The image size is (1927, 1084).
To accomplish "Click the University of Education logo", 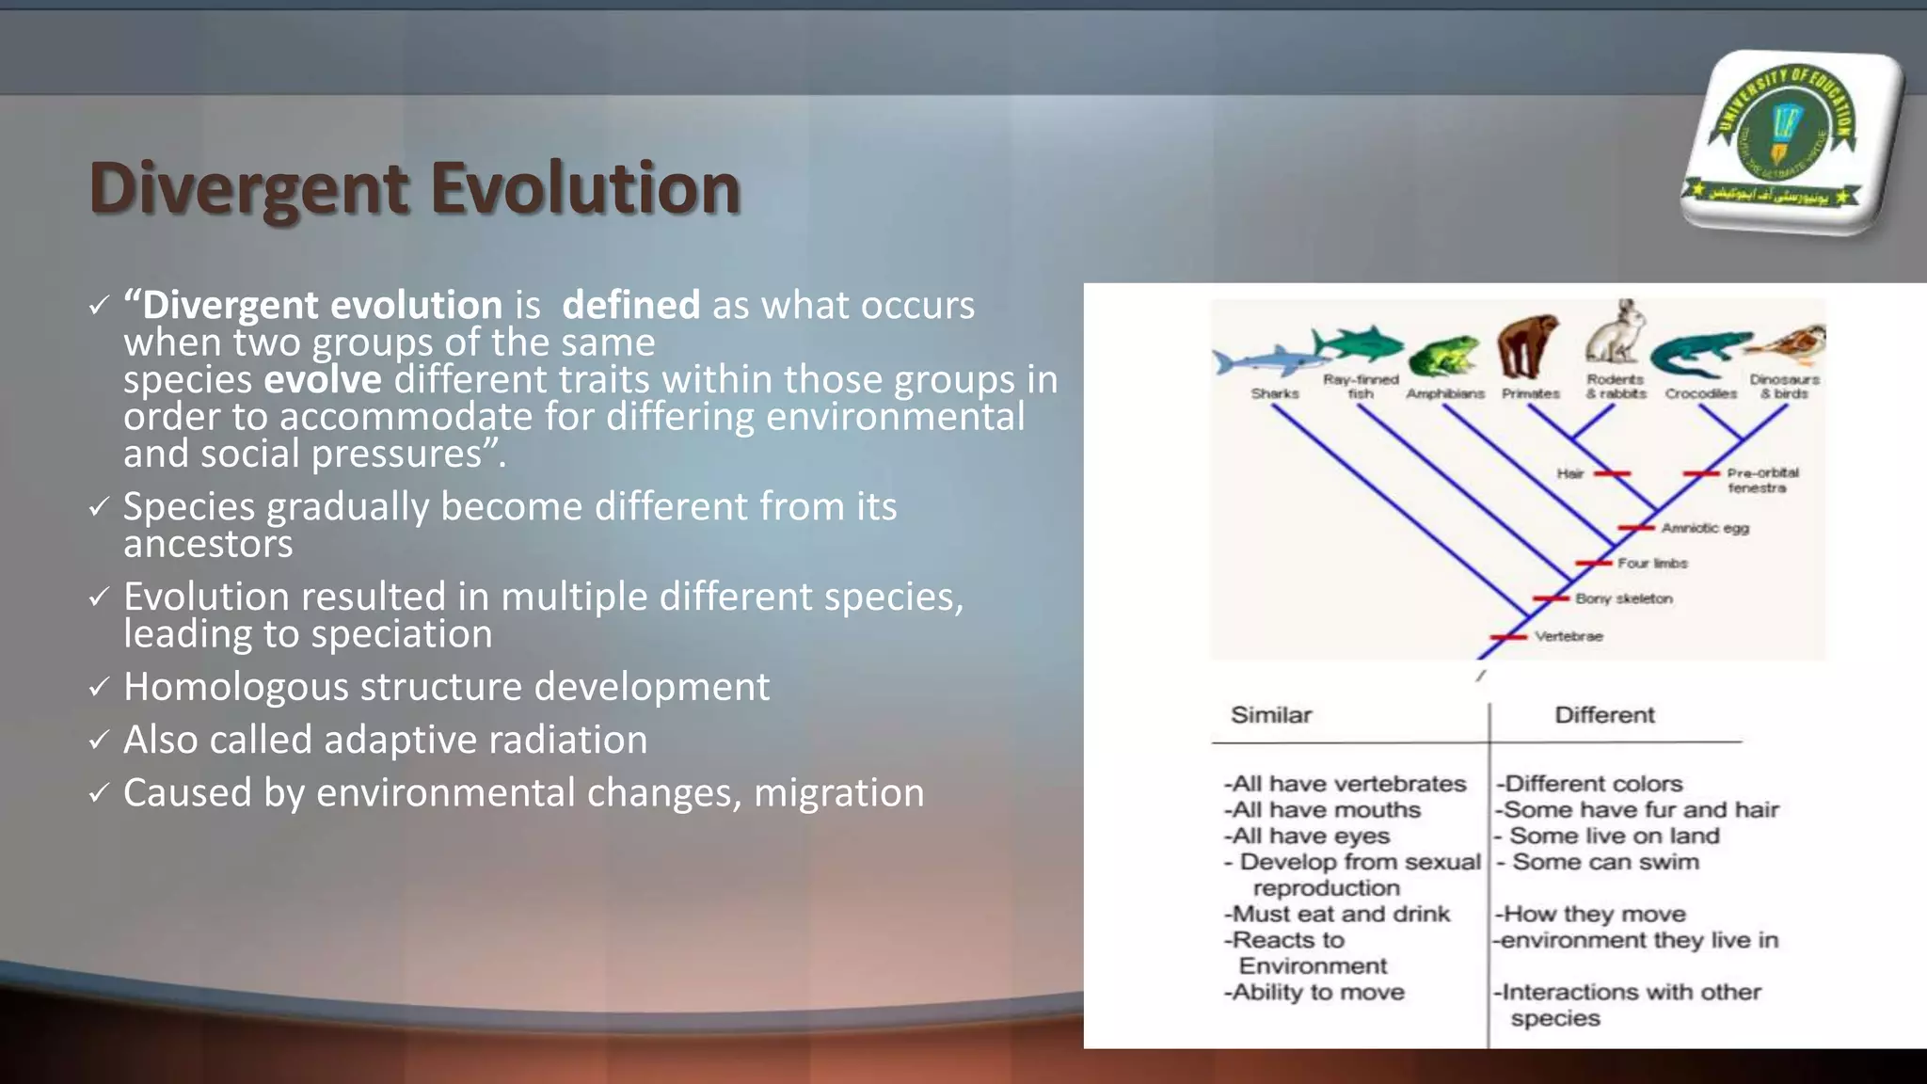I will pos(1791,142).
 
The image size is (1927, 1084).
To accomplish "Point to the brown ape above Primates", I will pos(1527,346).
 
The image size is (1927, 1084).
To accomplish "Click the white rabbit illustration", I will pos(1616,334).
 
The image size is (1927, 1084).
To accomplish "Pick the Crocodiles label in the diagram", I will pos(1700,394).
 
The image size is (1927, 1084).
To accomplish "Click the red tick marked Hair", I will pos(1611,473).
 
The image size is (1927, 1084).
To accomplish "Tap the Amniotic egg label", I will pos(1704,528).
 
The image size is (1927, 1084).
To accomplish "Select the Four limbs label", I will pos(1652,563).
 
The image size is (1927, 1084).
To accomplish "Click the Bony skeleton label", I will pos(1623,598).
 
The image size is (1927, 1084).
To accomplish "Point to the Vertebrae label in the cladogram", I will pos(1569,636).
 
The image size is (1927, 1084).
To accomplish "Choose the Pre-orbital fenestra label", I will pos(1761,480).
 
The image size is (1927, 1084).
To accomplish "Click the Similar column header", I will pos(1270,715).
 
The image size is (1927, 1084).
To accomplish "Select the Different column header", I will pos(1603,715).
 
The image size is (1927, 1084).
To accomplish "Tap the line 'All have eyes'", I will pos(1308,836).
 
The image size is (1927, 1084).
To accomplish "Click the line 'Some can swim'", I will pos(1604,862).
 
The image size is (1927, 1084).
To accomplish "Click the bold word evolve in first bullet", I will pos(322,379).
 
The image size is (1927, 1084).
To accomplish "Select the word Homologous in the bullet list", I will pos(235,687).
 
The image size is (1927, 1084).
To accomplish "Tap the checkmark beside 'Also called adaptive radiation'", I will pos(99,741).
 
